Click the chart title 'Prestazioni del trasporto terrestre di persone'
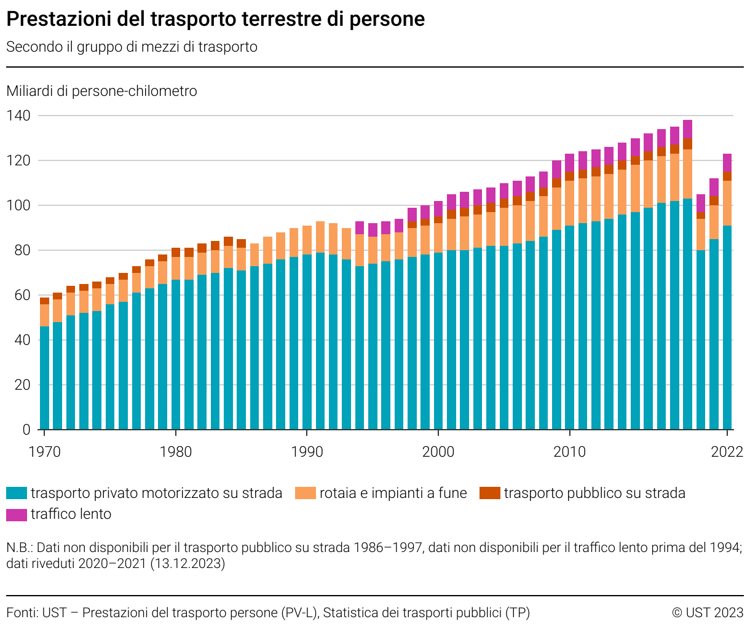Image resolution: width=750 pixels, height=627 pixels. (x=215, y=19)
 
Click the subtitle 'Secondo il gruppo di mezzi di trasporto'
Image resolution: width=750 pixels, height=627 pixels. (x=132, y=47)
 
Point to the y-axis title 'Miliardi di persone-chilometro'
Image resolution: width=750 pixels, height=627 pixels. (x=102, y=91)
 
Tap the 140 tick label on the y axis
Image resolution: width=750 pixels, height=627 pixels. (x=18, y=116)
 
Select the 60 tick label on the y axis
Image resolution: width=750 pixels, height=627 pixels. (x=22, y=295)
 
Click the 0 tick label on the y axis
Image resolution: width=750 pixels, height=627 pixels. (x=26, y=430)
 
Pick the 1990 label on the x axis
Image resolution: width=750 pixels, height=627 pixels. (x=307, y=452)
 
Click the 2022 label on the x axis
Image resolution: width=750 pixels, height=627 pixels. (x=727, y=452)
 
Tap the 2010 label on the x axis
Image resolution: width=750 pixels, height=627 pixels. (x=569, y=452)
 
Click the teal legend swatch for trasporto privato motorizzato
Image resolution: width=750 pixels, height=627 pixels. (x=17, y=493)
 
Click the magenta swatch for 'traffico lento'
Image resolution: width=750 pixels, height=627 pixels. (x=17, y=515)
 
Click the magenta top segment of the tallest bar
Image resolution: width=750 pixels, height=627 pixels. (x=687, y=129)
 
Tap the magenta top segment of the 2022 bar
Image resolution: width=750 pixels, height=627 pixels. (x=727, y=162)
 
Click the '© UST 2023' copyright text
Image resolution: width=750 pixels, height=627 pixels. (x=707, y=613)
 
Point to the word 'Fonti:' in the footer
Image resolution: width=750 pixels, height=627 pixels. (x=22, y=613)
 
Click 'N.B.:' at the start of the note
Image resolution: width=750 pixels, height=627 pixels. (x=20, y=547)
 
